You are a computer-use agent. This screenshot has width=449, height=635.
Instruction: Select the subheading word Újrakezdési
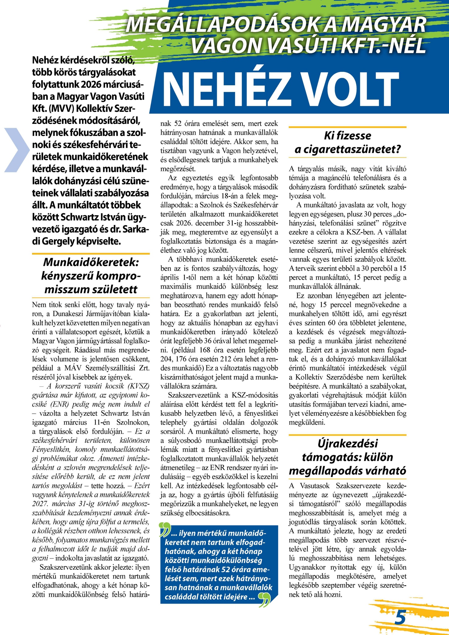tap(348, 443)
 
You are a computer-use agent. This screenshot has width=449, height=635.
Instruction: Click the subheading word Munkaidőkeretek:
tap(91, 262)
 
